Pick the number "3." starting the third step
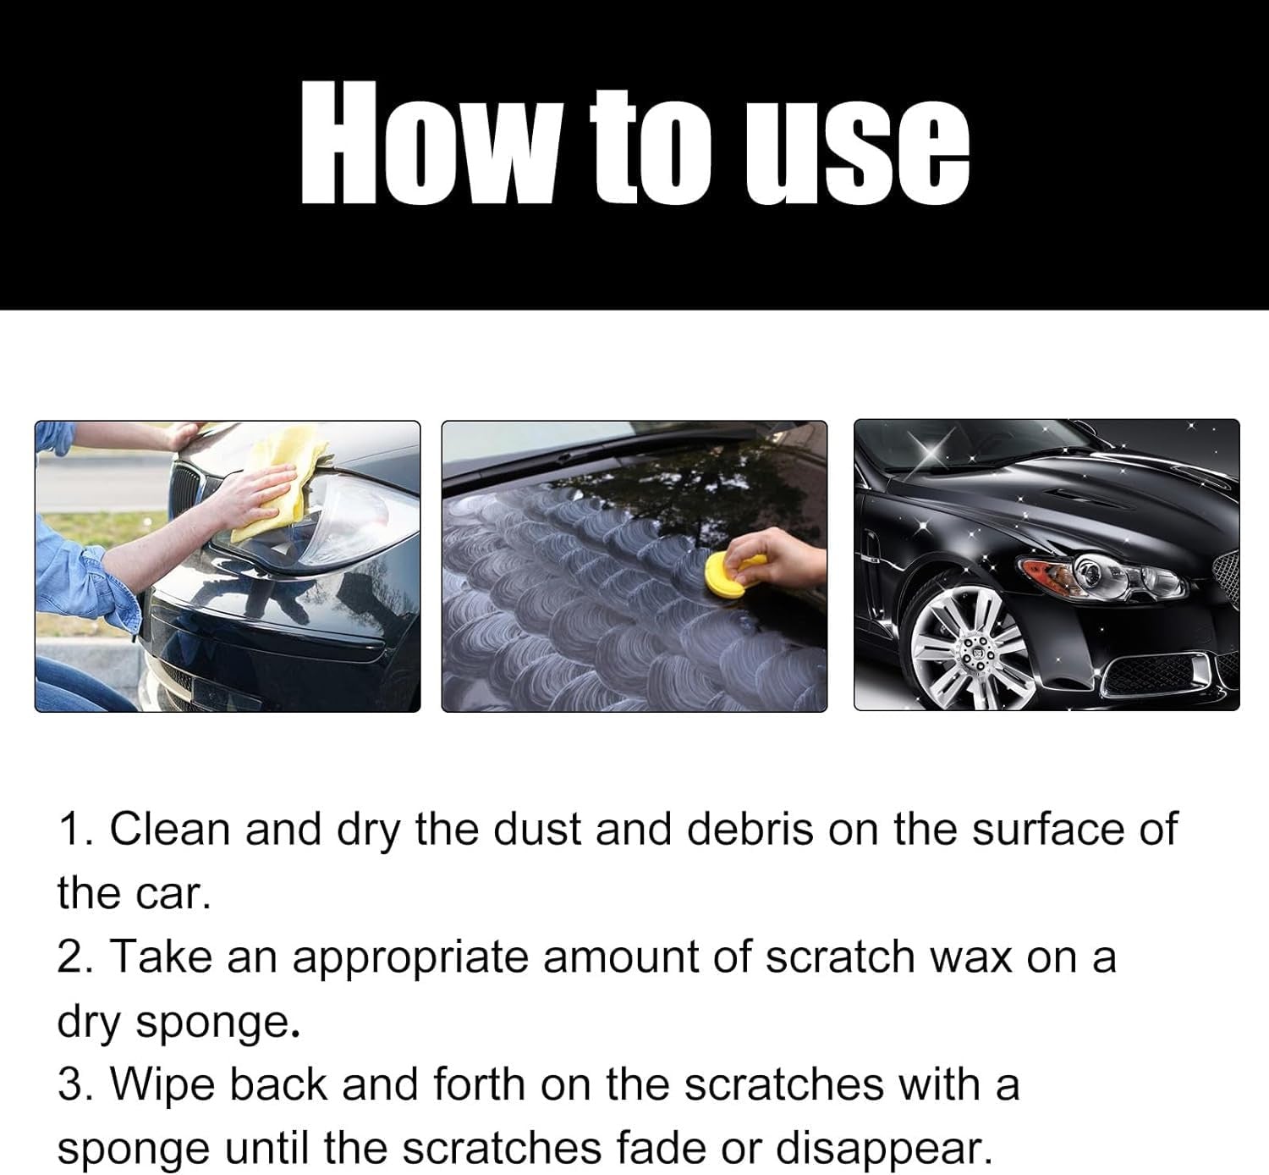click(77, 1084)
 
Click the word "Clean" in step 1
click(169, 828)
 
